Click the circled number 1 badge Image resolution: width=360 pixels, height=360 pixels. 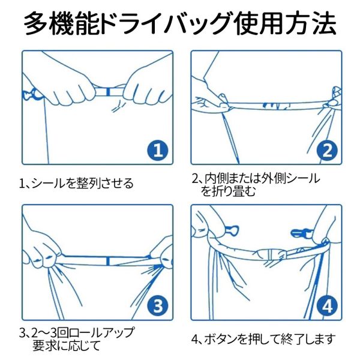pos(158,151)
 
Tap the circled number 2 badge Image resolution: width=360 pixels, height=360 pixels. pos(327,151)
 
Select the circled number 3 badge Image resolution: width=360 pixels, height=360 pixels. pos(158,306)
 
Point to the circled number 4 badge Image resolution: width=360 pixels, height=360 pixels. pos(327,306)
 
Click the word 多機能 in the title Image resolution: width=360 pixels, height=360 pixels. pos(62,23)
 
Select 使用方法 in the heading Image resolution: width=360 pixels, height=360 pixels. pos(284,23)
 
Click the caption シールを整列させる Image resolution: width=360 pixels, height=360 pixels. pos(82,184)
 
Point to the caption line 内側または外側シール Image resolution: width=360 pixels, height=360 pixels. pos(262,178)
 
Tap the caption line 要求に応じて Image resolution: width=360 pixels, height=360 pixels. pos(67,346)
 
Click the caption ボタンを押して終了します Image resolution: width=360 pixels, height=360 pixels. pos(268,339)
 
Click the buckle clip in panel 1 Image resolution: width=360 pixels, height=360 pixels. pos(31,95)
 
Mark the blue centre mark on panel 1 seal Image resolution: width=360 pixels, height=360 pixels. pos(108,91)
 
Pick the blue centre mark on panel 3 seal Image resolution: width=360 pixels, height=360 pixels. pos(108,261)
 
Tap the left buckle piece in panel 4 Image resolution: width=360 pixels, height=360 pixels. pos(232,230)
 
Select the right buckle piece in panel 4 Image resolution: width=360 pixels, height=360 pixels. pos(301,233)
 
